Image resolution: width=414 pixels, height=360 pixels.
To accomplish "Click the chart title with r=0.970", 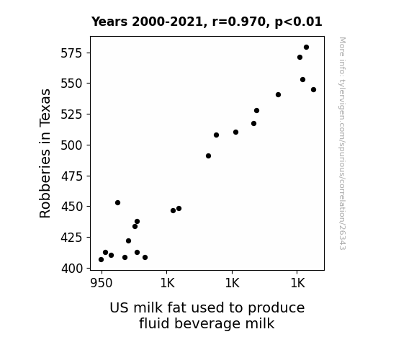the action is click(207, 22).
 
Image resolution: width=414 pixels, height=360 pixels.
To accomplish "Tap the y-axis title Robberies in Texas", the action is click(45, 153).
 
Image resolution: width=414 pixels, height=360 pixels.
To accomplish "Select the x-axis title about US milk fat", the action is click(207, 315).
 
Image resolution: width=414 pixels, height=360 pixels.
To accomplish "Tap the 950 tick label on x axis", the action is click(102, 283).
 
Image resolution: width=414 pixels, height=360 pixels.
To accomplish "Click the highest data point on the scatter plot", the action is click(306, 48).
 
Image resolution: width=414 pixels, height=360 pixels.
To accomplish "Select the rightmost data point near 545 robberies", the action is click(313, 90).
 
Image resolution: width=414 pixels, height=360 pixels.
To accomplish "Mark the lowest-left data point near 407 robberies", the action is click(101, 260).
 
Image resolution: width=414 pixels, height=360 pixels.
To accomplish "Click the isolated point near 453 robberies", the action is click(118, 203).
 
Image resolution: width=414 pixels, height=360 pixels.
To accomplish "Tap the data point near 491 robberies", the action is click(208, 156).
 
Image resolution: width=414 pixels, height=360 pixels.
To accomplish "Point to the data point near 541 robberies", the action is click(279, 95).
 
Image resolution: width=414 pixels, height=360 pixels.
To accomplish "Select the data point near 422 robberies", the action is click(129, 241).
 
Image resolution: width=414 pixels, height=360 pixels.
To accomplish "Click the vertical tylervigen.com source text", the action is click(342, 143).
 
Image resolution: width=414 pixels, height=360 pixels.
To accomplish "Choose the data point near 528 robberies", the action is click(256, 111).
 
